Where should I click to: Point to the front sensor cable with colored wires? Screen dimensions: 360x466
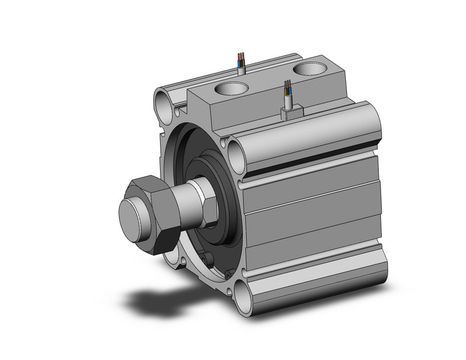[x=287, y=95]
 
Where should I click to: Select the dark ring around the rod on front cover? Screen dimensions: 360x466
[x=224, y=202]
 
